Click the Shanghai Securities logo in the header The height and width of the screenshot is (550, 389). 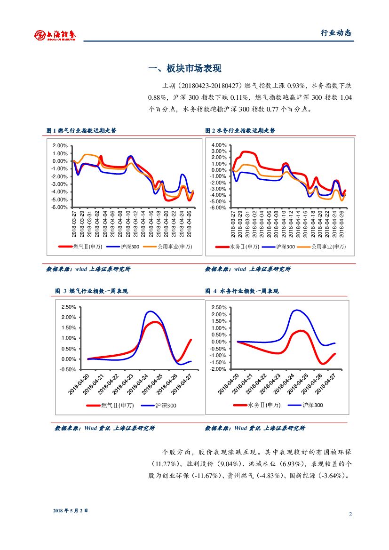click(55, 35)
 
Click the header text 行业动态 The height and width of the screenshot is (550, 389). click(336, 33)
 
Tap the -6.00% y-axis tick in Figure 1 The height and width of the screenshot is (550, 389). click(59, 207)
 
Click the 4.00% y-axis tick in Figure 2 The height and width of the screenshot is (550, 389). click(219, 145)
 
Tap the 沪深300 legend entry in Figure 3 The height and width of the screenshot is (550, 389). click(160, 406)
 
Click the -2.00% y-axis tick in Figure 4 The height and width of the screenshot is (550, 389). click(219, 369)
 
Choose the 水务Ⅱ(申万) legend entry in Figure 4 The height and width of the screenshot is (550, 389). click(258, 405)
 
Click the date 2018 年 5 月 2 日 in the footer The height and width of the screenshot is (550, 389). click(71, 510)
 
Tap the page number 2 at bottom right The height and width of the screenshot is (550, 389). click(350, 514)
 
